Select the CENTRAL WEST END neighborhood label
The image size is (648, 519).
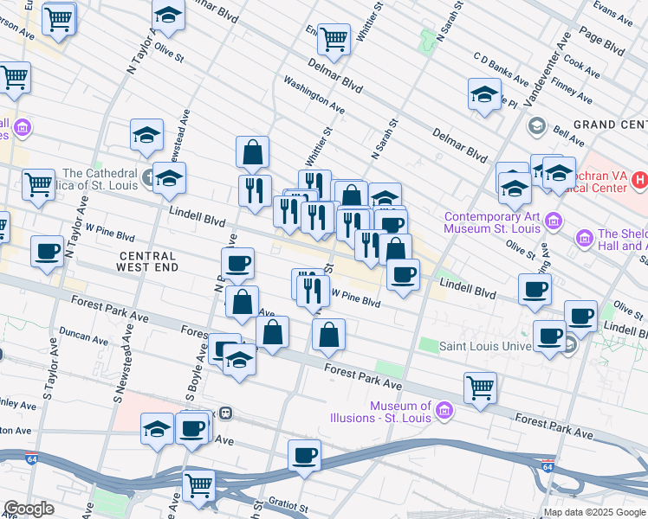[x=148, y=261]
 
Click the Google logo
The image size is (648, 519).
[x=29, y=509]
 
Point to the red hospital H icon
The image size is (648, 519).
[x=639, y=181]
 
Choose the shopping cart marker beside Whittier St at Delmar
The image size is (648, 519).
[x=334, y=38]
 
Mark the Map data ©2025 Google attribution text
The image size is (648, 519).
[x=593, y=512]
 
